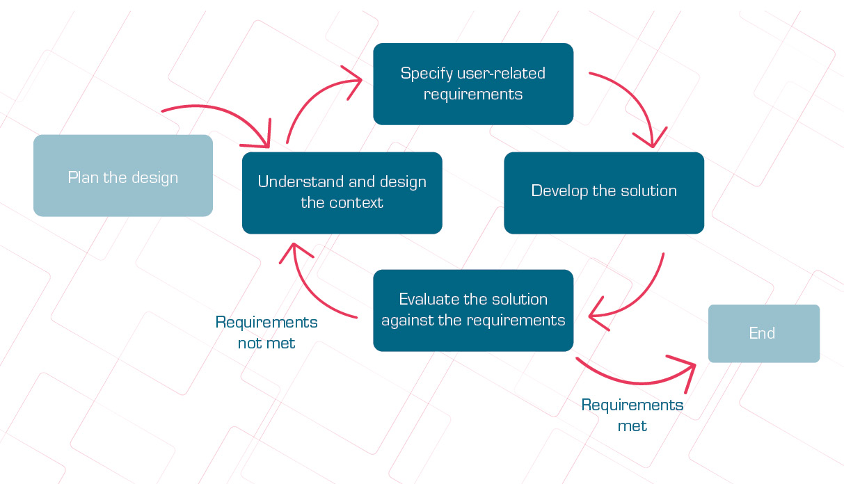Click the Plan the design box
point(123,175)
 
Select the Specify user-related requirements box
point(473,84)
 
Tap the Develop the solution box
point(604,193)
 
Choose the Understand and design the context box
point(342,193)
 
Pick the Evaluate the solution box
point(473,310)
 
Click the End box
point(764,333)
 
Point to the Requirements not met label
point(266,332)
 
